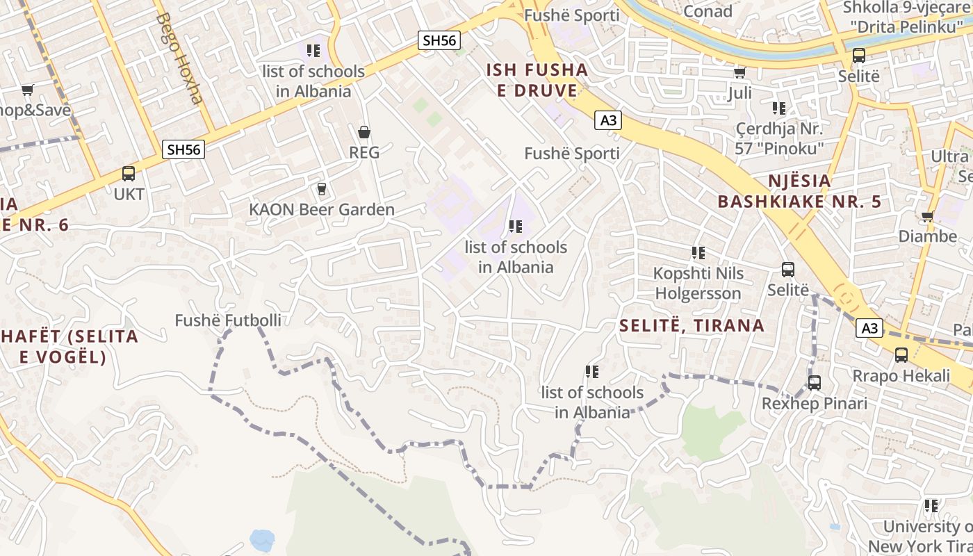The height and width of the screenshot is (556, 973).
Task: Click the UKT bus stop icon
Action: click(x=129, y=174)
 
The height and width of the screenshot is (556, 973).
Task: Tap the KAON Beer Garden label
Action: click(x=321, y=209)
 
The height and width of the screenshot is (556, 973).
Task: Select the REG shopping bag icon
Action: click(x=363, y=132)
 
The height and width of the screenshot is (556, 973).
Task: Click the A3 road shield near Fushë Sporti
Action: click(x=608, y=120)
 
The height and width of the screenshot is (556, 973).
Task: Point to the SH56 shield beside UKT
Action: click(x=183, y=149)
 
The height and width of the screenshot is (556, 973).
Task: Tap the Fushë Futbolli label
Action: click(x=228, y=320)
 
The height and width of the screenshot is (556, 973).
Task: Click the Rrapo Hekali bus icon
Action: click(x=901, y=355)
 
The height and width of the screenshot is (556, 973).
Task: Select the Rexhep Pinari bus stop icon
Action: click(x=815, y=383)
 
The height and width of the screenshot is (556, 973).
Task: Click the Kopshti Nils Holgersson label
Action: click(x=698, y=283)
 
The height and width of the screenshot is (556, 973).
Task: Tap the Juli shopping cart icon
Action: click(x=740, y=72)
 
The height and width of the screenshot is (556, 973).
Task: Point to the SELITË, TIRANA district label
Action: click(x=692, y=325)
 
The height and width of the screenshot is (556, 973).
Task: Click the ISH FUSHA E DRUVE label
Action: click(x=537, y=80)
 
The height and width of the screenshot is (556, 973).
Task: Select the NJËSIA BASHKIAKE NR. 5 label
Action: click(x=799, y=191)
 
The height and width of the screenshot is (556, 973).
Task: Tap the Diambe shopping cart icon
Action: click(x=927, y=216)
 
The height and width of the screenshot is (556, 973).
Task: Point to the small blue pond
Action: click(x=262, y=539)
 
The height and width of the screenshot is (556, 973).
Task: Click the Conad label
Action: click(x=708, y=11)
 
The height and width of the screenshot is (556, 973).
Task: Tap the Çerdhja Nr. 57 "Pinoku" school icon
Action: click(x=779, y=108)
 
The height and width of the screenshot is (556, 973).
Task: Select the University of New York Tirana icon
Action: click(x=931, y=506)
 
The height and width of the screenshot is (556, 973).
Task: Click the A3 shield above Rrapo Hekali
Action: click(x=870, y=328)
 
